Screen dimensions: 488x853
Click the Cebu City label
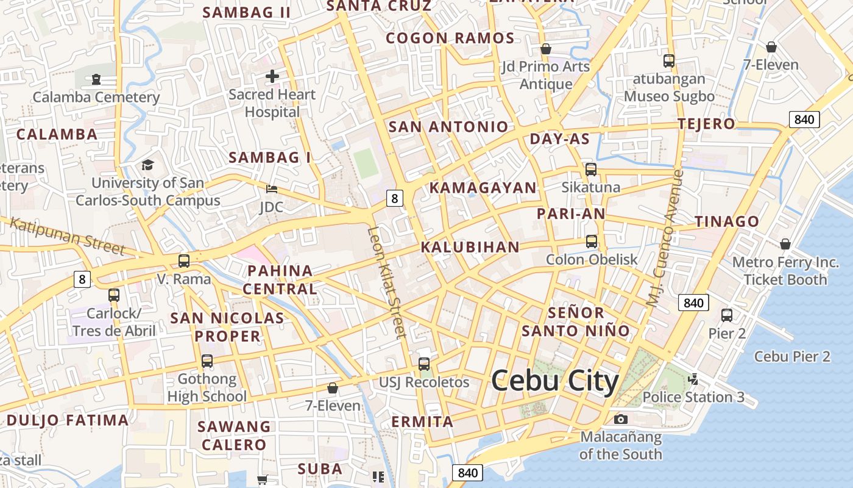click(554, 381)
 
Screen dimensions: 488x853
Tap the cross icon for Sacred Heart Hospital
click(272, 77)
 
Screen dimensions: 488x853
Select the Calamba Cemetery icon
click(96, 79)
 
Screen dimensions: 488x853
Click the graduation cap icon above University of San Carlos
click(147, 165)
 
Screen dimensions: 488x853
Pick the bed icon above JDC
click(272, 189)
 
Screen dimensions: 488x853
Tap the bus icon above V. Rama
click(183, 261)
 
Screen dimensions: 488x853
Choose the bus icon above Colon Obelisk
click(591, 241)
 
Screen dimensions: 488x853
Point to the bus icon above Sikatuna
click(590, 170)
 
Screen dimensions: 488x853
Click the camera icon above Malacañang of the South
click(621, 419)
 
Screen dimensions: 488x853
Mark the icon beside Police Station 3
click(692, 379)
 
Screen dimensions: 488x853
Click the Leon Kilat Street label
click(387, 282)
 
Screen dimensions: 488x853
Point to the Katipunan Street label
click(67, 236)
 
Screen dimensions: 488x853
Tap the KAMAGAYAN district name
click(483, 188)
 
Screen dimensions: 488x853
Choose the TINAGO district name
click(727, 221)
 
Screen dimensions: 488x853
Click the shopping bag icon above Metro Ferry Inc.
click(785, 244)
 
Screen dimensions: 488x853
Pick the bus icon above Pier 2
click(726, 315)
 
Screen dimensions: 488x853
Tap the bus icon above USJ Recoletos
click(424, 364)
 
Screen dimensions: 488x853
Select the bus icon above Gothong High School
click(207, 361)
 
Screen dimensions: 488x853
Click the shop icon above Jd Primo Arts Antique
click(546, 49)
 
